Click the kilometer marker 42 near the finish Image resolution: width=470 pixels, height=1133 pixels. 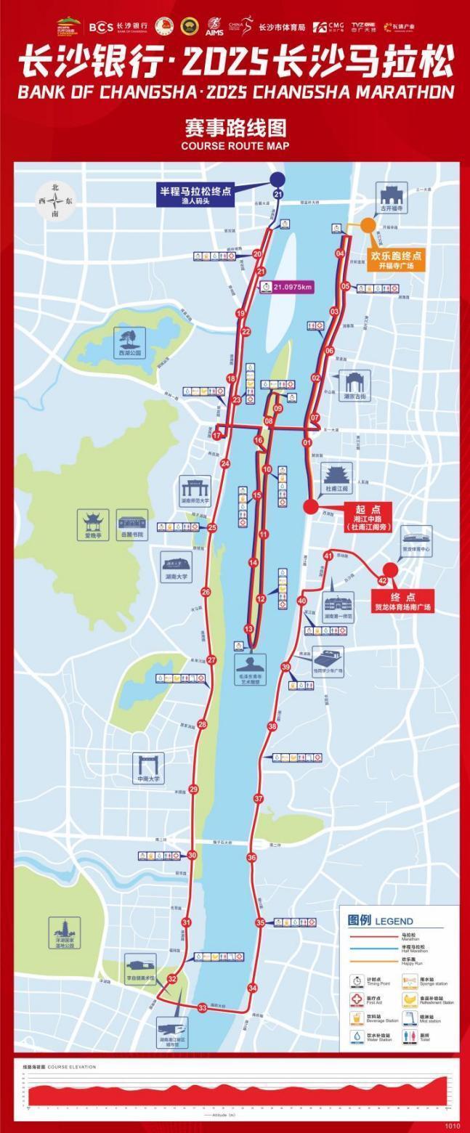pos(383,580)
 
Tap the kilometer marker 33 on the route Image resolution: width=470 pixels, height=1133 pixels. pos(203,1007)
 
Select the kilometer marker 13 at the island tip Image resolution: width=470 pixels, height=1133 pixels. pos(248,629)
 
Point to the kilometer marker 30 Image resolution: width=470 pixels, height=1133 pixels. pos(192,855)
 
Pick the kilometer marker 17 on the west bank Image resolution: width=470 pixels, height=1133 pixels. pos(216,434)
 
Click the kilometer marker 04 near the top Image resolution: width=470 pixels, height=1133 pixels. pos(340,253)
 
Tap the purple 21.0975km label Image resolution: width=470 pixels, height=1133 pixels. pos(288,286)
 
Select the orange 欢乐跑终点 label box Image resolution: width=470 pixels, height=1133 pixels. pos(396,260)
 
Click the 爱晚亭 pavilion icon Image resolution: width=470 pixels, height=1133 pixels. pos(93,521)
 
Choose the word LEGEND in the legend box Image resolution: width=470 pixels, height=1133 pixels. pos(394,921)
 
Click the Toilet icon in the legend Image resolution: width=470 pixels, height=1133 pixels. pos(410,1037)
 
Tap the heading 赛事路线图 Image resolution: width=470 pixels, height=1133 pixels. pos(235,129)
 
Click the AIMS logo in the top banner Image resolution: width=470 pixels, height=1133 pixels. pos(214,28)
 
